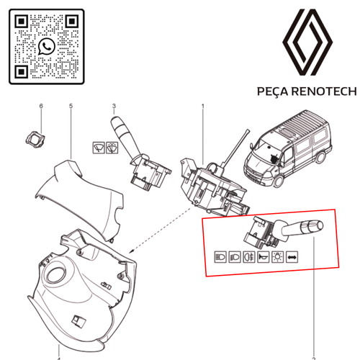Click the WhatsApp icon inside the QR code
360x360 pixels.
(47, 46)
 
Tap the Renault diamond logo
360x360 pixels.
(307, 42)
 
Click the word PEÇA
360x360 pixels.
(273, 91)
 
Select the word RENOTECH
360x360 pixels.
(324, 91)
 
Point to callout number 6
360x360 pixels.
(41, 106)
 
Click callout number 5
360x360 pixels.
(71, 106)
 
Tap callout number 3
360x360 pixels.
(114, 106)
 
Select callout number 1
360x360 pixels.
(203, 106)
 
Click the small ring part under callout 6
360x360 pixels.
(35, 140)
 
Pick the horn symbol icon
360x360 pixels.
(263, 257)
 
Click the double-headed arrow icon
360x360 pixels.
(292, 258)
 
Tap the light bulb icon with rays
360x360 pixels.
(277, 257)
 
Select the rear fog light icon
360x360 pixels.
(249, 257)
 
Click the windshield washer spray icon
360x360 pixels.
(112, 148)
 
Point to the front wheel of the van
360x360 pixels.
(279, 181)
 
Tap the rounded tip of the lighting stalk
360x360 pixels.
(320, 226)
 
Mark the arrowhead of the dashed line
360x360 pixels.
(131, 251)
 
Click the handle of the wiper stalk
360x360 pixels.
(122, 131)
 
